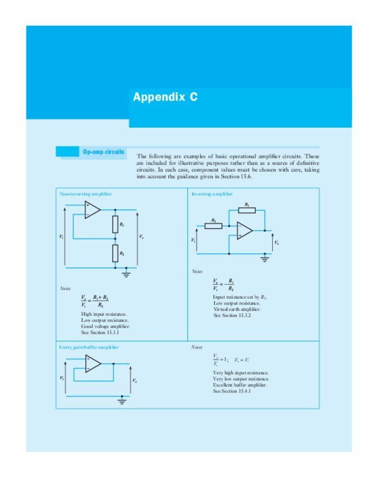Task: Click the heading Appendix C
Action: [165, 97]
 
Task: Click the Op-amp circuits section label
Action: [103, 152]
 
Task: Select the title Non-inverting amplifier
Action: [85, 193]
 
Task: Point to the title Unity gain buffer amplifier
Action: [89, 347]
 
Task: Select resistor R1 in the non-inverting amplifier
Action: [115, 225]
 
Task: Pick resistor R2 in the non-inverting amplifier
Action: [115, 253]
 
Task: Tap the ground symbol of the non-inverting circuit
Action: [127, 274]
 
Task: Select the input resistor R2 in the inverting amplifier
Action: [214, 226]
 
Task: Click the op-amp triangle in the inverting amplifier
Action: [244, 230]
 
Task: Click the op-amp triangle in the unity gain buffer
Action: [93, 364]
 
